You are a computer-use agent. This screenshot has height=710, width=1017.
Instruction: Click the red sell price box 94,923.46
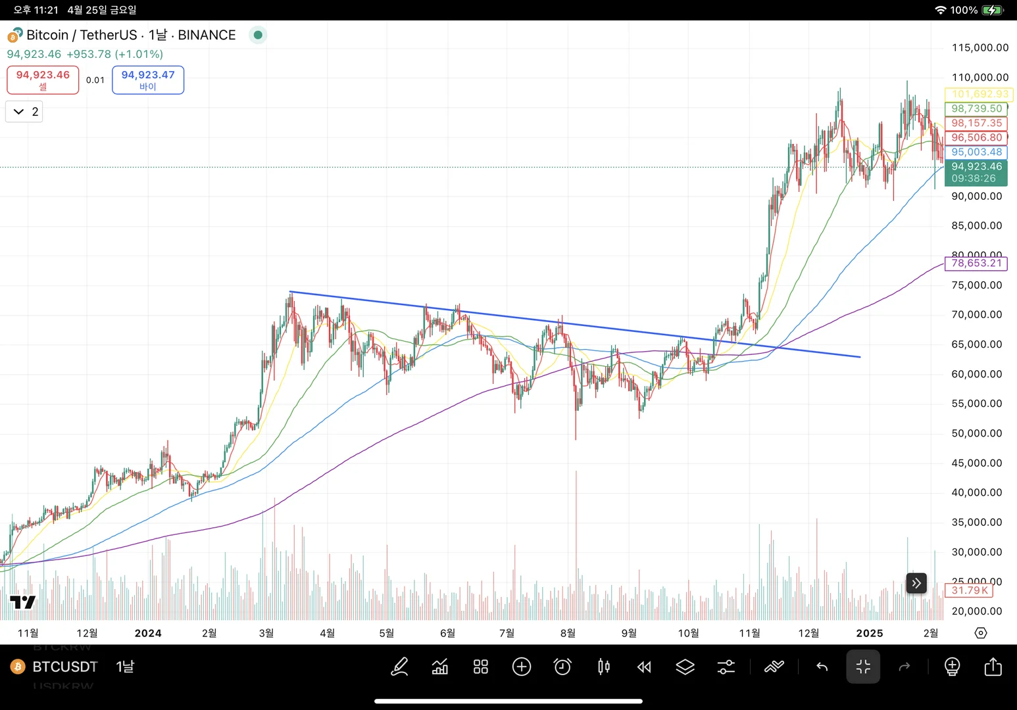pos(43,80)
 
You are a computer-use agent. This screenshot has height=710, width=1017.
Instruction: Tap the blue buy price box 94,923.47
pos(148,80)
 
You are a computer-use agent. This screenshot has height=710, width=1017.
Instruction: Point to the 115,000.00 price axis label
pos(980,47)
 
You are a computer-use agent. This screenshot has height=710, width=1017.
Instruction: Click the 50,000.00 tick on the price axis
pos(976,433)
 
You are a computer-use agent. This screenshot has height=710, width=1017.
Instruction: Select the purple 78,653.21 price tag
pos(976,264)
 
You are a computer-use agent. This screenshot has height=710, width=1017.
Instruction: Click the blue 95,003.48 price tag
pos(976,152)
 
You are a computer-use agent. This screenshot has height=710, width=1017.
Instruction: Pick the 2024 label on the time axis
pos(148,633)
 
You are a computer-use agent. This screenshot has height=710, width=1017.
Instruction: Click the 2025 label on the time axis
pos(869,633)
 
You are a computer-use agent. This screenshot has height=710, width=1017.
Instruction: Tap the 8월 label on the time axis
pos(568,633)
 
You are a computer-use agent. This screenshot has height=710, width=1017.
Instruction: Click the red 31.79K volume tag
pos(969,590)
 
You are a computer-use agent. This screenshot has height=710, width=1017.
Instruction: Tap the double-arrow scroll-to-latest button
pos(916,583)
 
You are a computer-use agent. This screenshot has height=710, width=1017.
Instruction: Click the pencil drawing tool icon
pos(399,667)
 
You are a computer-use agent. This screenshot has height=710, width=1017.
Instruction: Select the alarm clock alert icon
pos(562,667)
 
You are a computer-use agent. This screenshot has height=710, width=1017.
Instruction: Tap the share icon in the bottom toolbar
pos(993,667)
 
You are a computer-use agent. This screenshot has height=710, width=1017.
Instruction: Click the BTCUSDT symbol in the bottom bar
pos(65,667)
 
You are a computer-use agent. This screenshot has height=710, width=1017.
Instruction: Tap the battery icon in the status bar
pos(992,10)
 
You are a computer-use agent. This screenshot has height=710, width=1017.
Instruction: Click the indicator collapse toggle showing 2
pos(24,112)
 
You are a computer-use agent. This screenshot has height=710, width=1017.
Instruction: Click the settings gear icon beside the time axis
pos(980,633)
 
